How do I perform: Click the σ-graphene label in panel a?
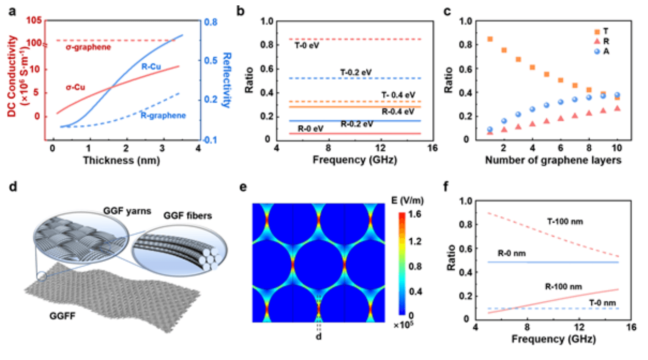pyautogui.click(x=88, y=48)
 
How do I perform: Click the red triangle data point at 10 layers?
pyautogui.click(x=617, y=108)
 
